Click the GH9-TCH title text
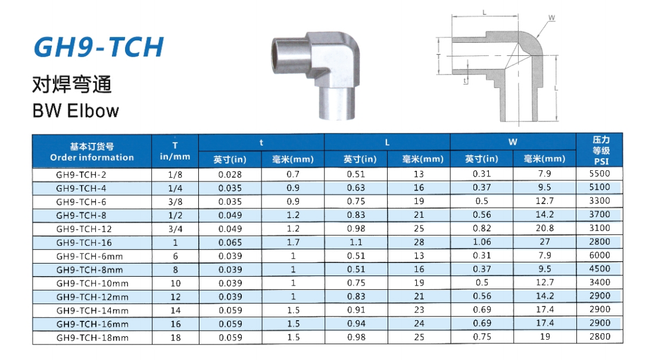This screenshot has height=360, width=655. click(99, 47)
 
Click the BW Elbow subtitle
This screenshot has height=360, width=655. click(76, 111)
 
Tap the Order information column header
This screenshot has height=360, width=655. click(92, 158)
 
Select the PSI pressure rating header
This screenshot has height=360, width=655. click(601, 161)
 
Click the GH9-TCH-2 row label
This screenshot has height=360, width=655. click(81, 174)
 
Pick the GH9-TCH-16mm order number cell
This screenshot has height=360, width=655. click(92, 324)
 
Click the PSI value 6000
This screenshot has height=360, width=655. click(600, 255)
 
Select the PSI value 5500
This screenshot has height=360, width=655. click(600, 174)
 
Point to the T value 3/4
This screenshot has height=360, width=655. click(175, 229)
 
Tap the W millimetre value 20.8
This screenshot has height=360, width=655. click(545, 228)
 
